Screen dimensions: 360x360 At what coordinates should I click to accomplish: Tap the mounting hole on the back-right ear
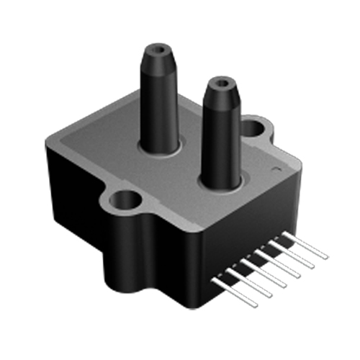click(x=253, y=128)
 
